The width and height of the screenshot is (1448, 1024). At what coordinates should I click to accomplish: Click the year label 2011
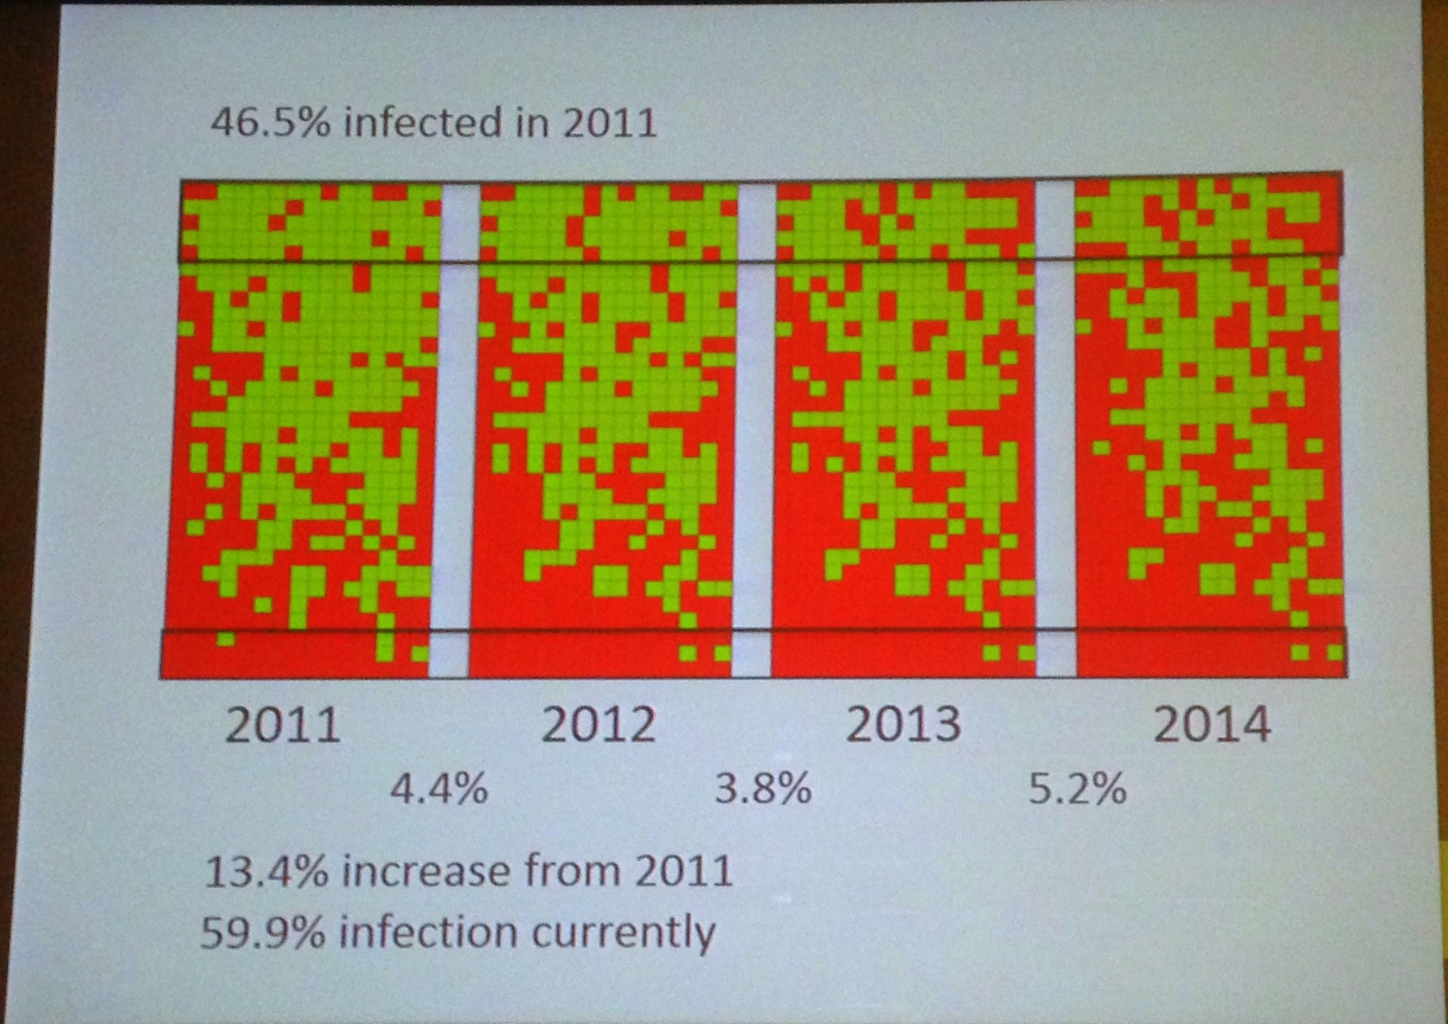(x=283, y=725)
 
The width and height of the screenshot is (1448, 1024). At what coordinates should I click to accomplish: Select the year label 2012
(x=599, y=725)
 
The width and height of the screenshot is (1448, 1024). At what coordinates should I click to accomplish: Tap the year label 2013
(x=903, y=725)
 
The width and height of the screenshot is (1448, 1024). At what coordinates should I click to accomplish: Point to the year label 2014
(x=1212, y=725)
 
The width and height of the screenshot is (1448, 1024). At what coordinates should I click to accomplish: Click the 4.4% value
(x=439, y=790)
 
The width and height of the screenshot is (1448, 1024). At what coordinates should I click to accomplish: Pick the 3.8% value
(x=763, y=790)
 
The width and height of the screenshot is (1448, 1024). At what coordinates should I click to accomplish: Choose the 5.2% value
(x=1078, y=790)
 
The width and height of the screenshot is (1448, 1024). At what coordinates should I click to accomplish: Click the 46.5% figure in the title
(x=271, y=122)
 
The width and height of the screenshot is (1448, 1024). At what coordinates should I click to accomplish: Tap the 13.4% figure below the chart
(x=266, y=871)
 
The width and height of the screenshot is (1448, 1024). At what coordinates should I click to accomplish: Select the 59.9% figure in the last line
(x=263, y=933)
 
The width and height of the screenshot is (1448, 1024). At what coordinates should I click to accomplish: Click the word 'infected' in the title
(x=422, y=122)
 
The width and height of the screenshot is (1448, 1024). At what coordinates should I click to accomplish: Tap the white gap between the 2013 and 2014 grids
(x=1055, y=424)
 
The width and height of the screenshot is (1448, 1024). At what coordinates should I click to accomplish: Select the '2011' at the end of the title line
(x=610, y=122)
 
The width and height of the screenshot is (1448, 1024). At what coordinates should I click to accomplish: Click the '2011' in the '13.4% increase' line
(x=684, y=871)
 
